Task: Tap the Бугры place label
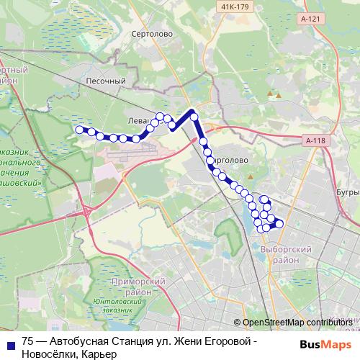coord(348,192)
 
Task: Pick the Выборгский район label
coord(274,253)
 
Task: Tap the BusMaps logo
coord(330,344)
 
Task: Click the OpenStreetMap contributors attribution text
coord(297,322)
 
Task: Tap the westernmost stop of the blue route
coord(79,130)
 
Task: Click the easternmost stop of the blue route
coord(279,224)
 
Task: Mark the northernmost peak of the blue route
coord(193,112)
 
